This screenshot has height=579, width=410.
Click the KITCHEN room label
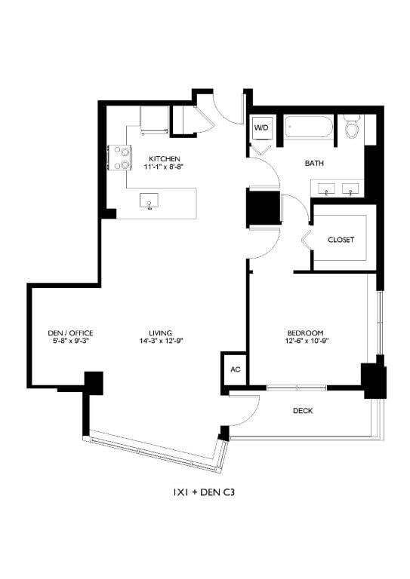pyautogui.click(x=164, y=158)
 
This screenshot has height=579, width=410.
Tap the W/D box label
pyautogui.click(x=260, y=128)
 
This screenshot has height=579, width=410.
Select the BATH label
pyautogui.click(x=314, y=163)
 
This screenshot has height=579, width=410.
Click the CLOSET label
pyautogui.click(x=341, y=240)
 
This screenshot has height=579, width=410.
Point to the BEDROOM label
pyautogui.click(x=305, y=332)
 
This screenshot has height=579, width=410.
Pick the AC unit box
pyautogui.click(x=235, y=370)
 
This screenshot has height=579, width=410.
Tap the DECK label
pyautogui.click(x=302, y=411)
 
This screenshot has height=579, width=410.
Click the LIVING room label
pyautogui.click(x=161, y=332)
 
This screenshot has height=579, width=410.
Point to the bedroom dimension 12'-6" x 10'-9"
pyautogui.click(x=305, y=342)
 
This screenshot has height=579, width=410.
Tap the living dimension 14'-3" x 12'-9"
pyautogui.click(x=161, y=342)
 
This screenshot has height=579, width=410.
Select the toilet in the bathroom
pyautogui.click(x=352, y=128)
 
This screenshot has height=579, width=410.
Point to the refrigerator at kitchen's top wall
pyautogui.click(x=155, y=119)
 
